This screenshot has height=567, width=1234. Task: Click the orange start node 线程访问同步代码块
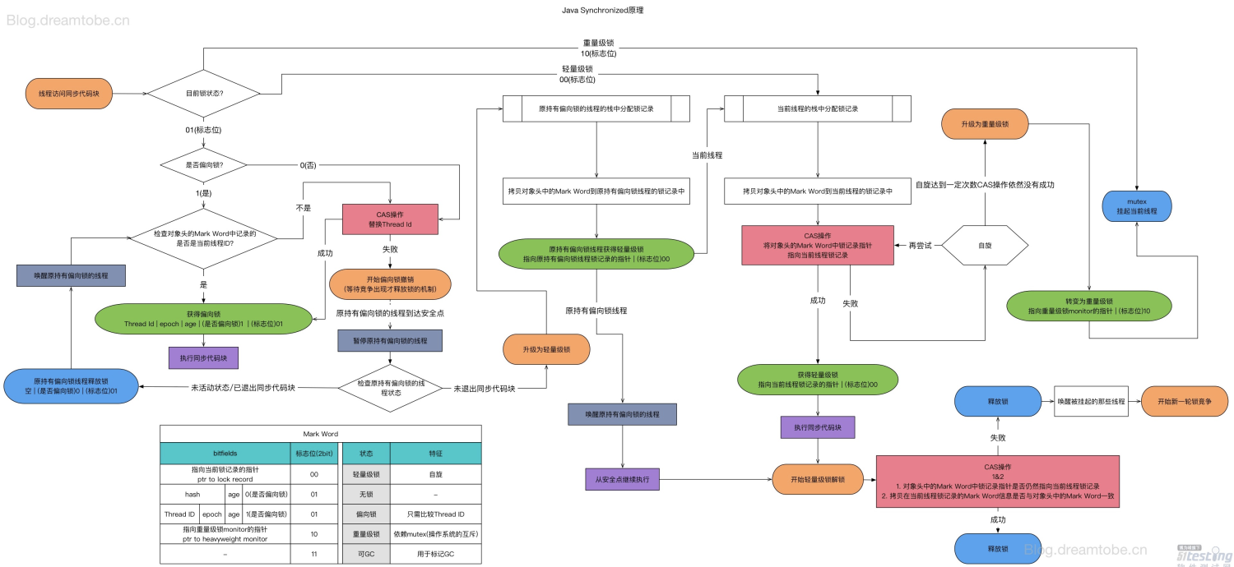click(69, 94)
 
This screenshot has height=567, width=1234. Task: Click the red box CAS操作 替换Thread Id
click(389, 219)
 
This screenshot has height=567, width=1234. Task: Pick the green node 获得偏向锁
click(203, 319)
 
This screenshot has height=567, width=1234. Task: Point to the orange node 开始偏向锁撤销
click(389, 283)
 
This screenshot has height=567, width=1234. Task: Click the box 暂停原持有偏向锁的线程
click(389, 339)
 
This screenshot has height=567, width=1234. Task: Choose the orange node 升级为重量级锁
click(985, 124)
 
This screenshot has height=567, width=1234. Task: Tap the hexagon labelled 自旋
click(985, 246)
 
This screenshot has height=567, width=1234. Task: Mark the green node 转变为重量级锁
click(1088, 307)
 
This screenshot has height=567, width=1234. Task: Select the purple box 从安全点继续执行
click(622, 478)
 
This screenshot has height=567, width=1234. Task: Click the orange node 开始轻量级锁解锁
click(817, 478)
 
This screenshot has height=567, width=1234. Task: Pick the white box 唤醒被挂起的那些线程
click(1091, 401)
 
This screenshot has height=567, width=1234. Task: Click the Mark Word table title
click(320, 434)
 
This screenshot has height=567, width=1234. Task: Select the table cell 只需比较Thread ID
click(434, 514)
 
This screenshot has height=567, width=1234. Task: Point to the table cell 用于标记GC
click(434, 554)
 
